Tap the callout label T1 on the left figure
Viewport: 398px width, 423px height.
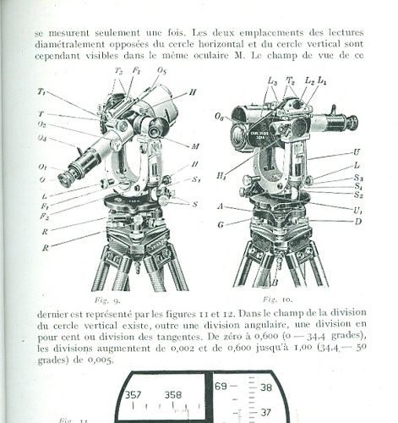[x=41, y=91]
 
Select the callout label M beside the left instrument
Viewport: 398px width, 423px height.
[x=195, y=146]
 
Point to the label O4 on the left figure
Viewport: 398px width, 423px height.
[x=41, y=139]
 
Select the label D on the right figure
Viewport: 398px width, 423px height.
[x=358, y=221]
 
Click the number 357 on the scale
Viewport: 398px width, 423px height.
[x=134, y=393]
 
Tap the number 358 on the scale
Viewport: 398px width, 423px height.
[x=173, y=393]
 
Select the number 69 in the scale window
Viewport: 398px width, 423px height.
[x=221, y=386]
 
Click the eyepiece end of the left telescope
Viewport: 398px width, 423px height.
[x=66, y=179]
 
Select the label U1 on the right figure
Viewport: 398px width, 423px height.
[x=359, y=209]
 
